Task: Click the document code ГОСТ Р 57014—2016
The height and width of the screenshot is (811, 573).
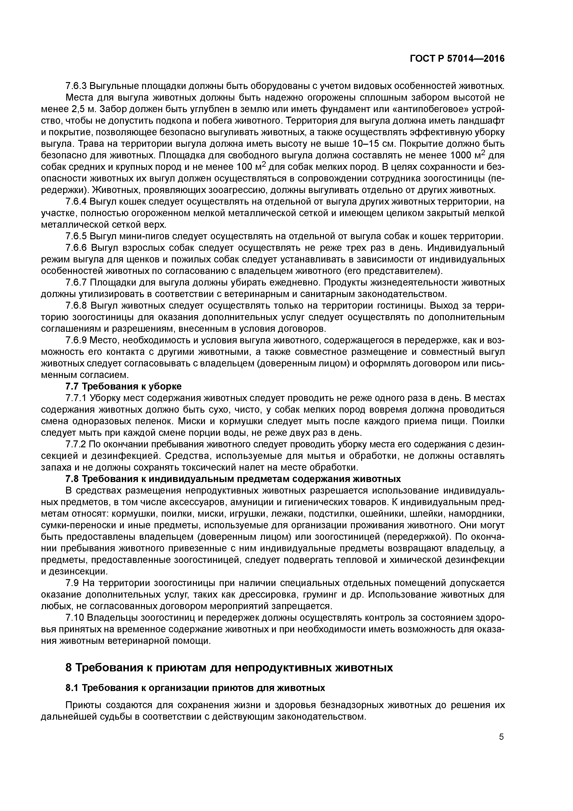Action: pos(457,59)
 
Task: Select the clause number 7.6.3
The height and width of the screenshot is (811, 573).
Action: pos(76,86)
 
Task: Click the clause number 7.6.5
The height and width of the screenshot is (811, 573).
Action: pos(76,236)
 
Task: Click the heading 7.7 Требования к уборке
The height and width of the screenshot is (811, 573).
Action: pos(124,386)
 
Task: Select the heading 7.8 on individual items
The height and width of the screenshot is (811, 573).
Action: pos(233,479)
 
